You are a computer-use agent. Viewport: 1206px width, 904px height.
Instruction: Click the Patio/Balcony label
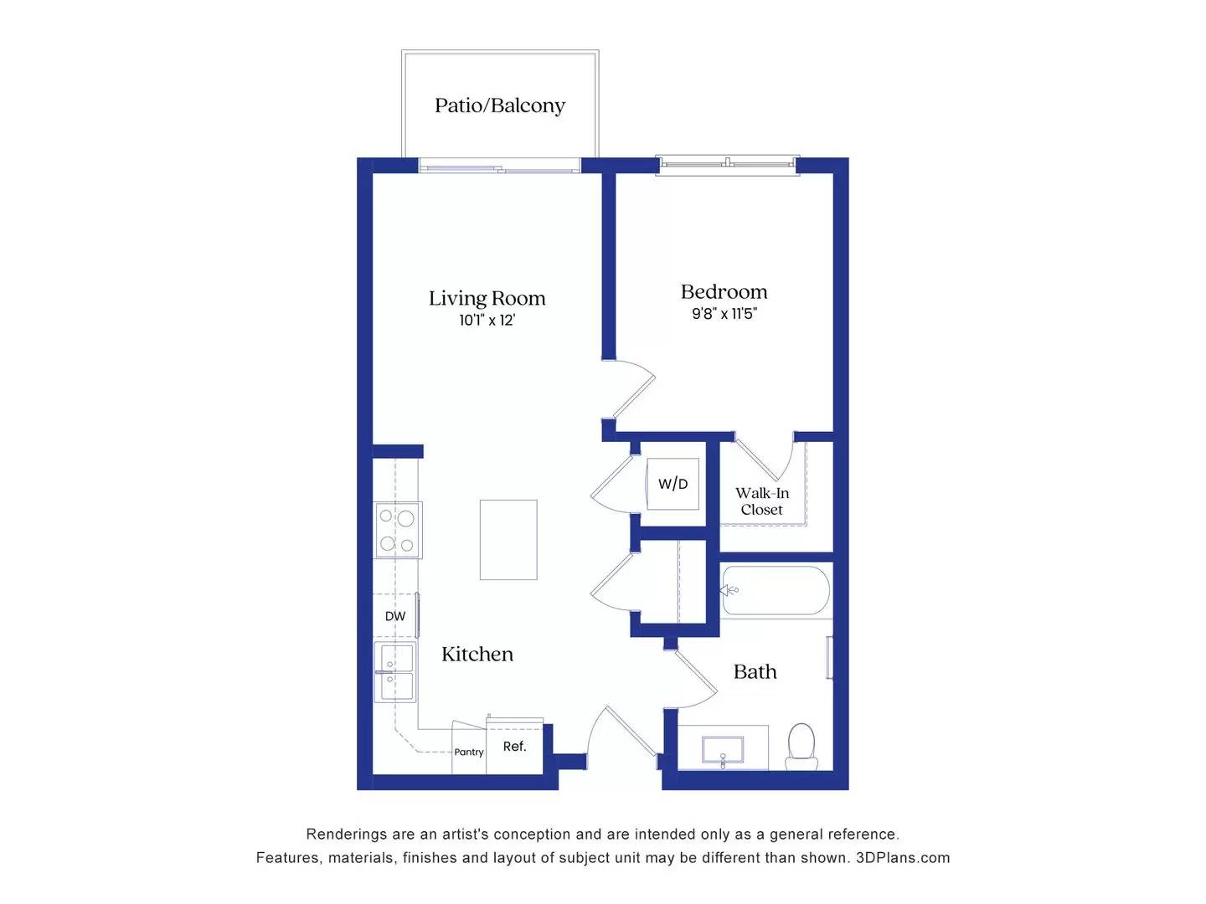pyautogui.click(x=500, y=105)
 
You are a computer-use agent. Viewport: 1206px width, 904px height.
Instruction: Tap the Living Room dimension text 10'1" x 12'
pyautogui.click(x=487, y=321)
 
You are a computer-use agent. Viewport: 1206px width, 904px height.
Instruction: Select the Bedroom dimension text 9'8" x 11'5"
pyautogui.click(x=724, y=314)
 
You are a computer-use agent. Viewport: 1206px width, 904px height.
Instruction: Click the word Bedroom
pyautogui.click(x=724, y=292)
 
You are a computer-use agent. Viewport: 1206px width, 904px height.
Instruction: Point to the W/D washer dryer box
pyautogui.click(x=673, y=484)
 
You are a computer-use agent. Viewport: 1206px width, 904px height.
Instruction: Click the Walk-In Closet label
pyautogui.click(x=762, y=501)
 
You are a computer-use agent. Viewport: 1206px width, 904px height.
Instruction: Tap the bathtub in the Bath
pyautogui.click(x=776, y=590)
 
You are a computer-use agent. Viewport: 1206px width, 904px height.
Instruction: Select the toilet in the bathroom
pyautogui.click(x=801, y=746)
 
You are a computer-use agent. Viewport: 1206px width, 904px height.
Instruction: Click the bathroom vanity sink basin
pyautogui.click(x=723, y=749)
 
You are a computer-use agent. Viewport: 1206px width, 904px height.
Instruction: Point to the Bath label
pyautogui.click(x=755, y=672)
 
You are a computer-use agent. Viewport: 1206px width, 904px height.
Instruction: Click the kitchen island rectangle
pyautogui.click(x=508, y=540)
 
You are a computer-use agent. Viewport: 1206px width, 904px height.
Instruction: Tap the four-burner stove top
pyautogui.click(x=397, y=530)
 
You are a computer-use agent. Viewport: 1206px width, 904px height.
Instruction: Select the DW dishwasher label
pyautogui.click(x=395, y=616)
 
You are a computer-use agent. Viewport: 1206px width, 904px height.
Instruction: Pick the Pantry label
pyautogui.click(x=469, y=752)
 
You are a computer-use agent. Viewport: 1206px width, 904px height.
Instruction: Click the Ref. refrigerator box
pyautogui.click(x=515, y=747)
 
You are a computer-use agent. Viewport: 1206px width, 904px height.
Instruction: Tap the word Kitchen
pyautogui.click(x=477, y=655)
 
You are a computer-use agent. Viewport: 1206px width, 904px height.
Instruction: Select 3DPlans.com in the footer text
pyautogui.click(x=903, y=858)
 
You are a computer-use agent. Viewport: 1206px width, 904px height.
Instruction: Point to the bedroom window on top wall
pyautogui.click(x=727, y=165)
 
